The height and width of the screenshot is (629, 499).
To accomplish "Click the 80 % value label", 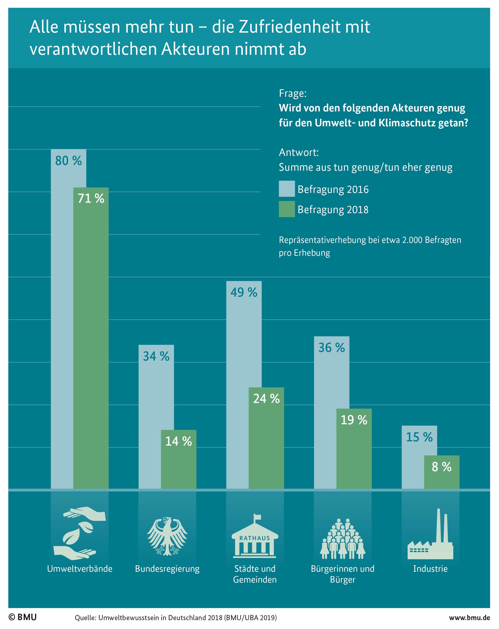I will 69,161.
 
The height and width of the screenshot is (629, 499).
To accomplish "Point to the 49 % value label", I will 244,292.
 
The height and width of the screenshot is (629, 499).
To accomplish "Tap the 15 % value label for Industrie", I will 419,437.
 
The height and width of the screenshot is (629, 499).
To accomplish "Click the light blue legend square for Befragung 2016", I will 287,189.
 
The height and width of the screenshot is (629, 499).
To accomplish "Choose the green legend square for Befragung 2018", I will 287,209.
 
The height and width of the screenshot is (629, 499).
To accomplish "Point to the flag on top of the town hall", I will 257,518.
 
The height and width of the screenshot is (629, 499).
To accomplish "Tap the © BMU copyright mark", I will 23,617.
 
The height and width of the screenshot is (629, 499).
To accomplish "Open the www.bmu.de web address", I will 469,618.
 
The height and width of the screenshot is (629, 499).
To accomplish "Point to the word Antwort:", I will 299,152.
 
